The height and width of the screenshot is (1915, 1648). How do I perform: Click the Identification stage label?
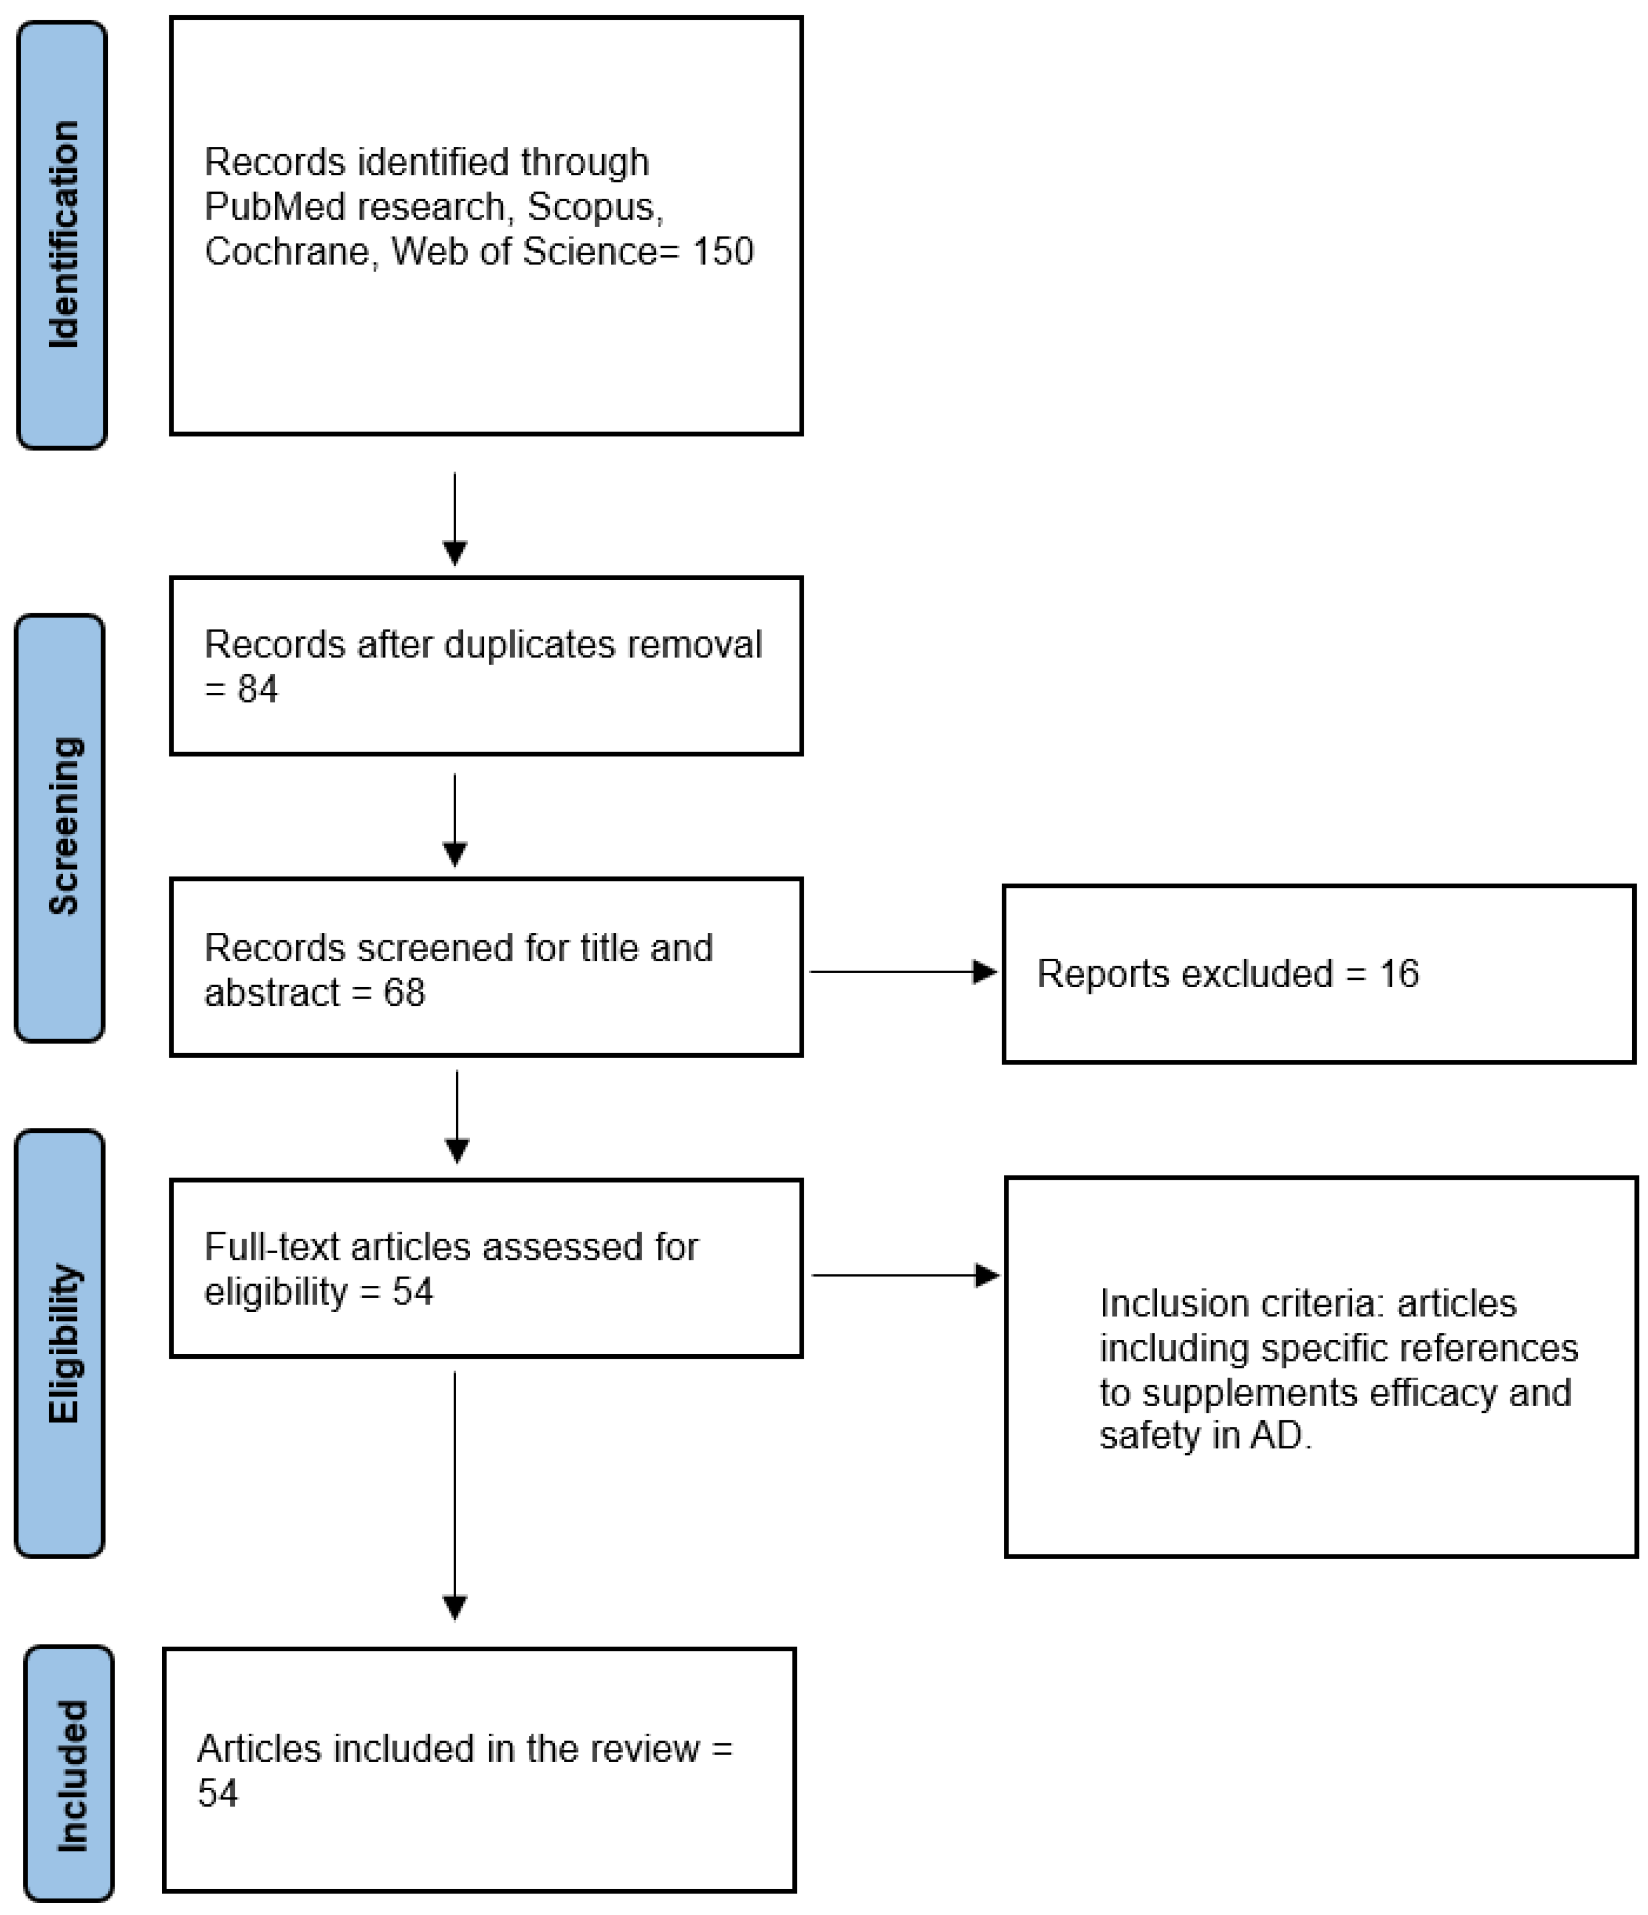(63, 235)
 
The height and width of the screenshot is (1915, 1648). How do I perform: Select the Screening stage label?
(63, 826)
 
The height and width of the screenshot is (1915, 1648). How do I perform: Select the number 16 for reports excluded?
(1399, 973)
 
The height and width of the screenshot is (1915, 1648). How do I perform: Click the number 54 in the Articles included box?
(218, 1793)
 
